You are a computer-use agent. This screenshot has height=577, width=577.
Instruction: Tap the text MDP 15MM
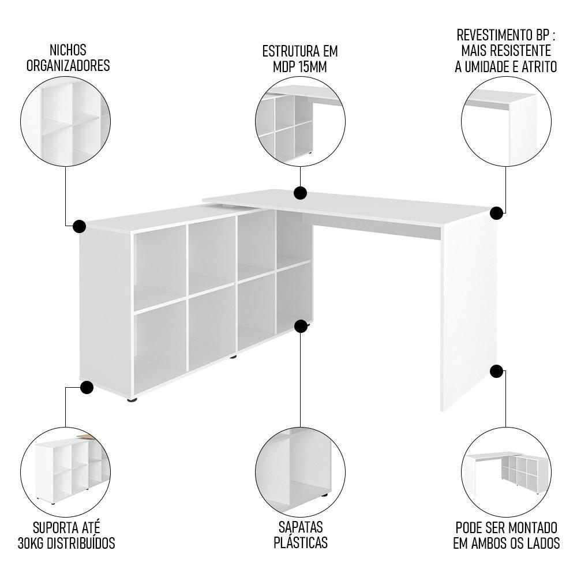pos(300,66)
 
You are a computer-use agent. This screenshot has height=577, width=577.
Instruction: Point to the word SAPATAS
pos(300,527)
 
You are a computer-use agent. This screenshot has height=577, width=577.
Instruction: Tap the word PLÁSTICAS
pos(300,542)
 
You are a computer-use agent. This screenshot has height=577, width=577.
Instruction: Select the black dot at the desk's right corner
pos(496,213)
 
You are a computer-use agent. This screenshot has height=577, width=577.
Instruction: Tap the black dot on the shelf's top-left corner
pos(80,226)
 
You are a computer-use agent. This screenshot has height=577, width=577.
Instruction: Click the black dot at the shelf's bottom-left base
pos(87,387)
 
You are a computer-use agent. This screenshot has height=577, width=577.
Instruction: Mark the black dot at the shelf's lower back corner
pos(301,327)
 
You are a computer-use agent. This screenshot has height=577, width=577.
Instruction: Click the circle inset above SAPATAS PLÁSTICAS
pos(300,468)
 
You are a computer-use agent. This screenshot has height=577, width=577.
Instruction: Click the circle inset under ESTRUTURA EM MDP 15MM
pos(300,122)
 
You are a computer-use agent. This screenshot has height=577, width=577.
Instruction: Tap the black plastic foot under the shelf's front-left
pos(132,399)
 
